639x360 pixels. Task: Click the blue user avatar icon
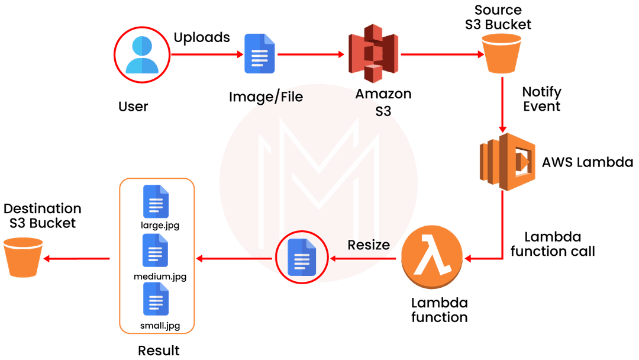coord(141,54)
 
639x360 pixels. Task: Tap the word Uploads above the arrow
coord(201,37)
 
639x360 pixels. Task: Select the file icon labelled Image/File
coord(260,54)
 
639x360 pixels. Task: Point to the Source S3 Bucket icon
coord(501,53)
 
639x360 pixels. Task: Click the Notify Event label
coord(541,99)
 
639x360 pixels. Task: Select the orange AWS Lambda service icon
coord(503,161)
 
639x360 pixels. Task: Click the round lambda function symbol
coord(431,259)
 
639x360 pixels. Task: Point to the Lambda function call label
coord(552,243)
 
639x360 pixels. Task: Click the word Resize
coord(369,245)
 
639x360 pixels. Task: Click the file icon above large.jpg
coord(156,202)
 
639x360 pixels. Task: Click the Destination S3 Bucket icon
coord(23,257)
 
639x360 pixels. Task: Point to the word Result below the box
coord(159,350)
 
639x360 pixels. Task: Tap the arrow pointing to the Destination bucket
coord(78,258)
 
